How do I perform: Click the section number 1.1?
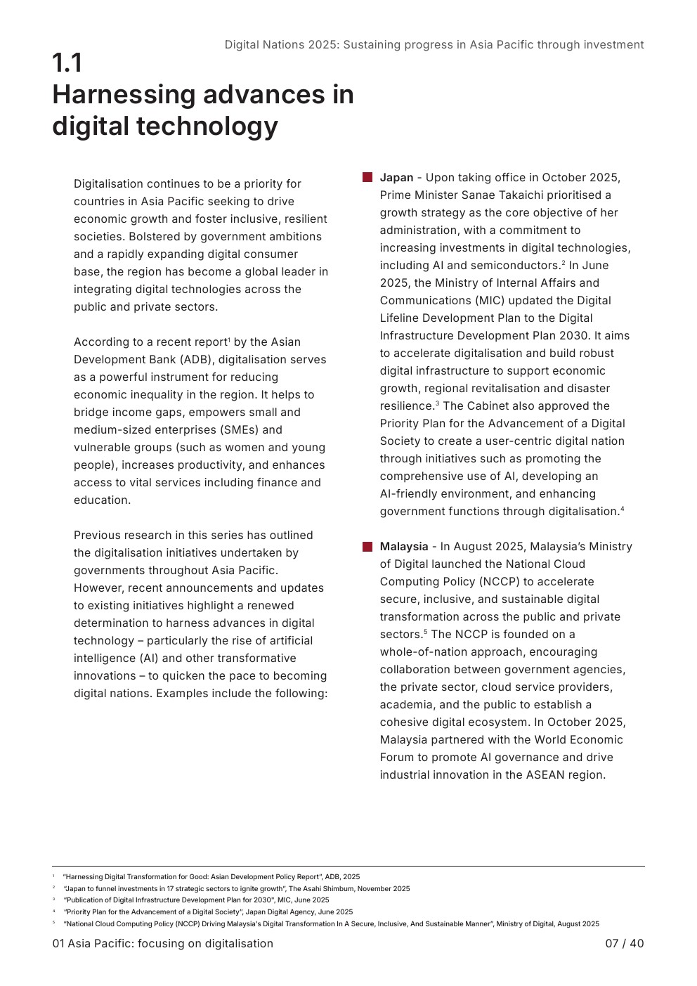tap(67, 63)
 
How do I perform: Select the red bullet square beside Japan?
tap(367, 178)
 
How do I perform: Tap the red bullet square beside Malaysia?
tap(367, 547)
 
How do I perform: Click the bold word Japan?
tap(396, 178)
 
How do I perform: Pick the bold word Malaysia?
tap(404, 547)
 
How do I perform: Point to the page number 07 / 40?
tap(624, 943)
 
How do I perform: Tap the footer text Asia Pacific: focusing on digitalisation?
tap(170, 943)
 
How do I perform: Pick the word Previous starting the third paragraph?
tap(98, 536)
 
